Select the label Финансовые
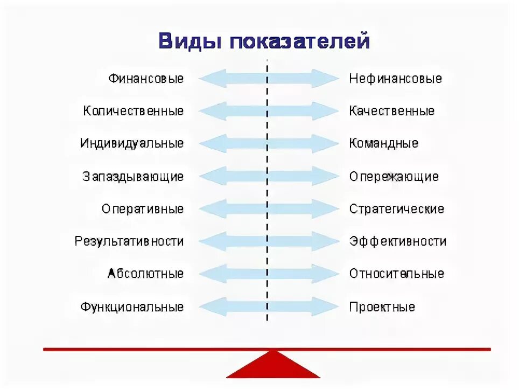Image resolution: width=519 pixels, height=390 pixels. pyautogui.click(x=146, y=79)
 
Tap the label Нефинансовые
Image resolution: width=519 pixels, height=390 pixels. pyautogui.click(x=396, y=79)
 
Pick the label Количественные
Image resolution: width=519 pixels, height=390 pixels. pyautogui.click(x=134, y=111)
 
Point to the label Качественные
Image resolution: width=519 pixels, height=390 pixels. pyautogui.click(x=392, y=111)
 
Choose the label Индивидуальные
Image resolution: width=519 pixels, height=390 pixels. pyautogui.click(x=132, y=144)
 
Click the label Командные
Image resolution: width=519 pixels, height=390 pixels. pyautogui.click(x=384, y=144)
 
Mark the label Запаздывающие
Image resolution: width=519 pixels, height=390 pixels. pyautogui.click(x=133, y=177)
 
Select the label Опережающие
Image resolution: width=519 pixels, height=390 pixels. pyautogui.click(x=394, y=177)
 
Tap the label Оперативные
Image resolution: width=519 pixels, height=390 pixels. pyautogui.click(x=143, y=209)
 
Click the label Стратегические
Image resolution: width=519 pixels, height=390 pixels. pyautogui.click(x=397, y=209)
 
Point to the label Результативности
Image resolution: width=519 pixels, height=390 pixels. pyautogui.click(x=129, y=241)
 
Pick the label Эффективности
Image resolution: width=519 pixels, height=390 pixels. pyautogui.click(x=398, y=241)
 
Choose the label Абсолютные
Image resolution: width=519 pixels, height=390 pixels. pyautogui.click(x=146, y=274)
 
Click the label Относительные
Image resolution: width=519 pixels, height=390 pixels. pyautogui.click(x=397, y=274)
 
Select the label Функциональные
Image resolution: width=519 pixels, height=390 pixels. pyautogui.click(x=132, y=307)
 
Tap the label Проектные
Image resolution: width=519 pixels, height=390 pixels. pyautogui.click(x=382, y=307)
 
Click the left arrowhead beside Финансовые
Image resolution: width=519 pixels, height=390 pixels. pyautogui.click(x=207, y=79)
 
